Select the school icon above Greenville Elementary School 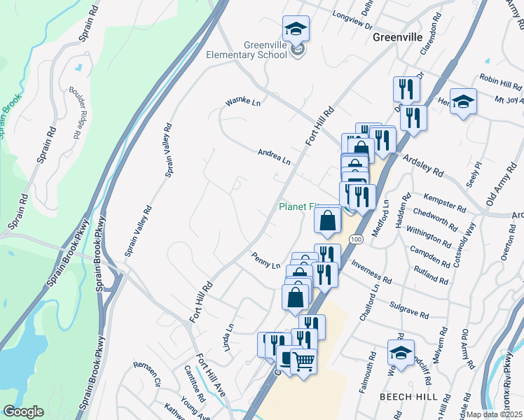click(296, 30)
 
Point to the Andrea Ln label click(273, 156)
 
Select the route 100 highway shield click(357, 239)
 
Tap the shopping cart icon click(303, 362)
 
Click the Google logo click(22, 412)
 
